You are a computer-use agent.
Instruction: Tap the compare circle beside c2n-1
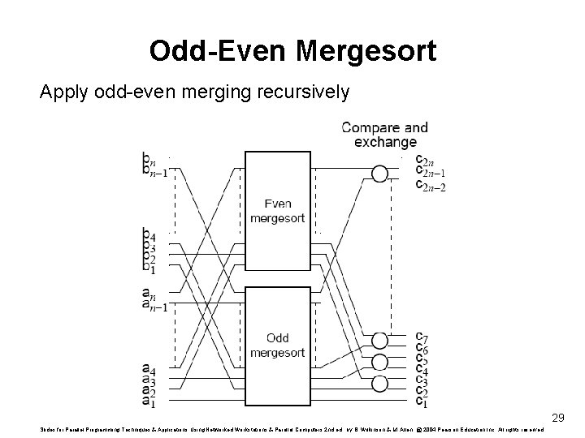[x=379, y=173]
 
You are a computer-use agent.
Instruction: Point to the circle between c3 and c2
[x=379, y=384]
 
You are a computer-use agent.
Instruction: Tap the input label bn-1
[x=154, y=171]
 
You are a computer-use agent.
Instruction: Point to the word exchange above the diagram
[x=385, y=142]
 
